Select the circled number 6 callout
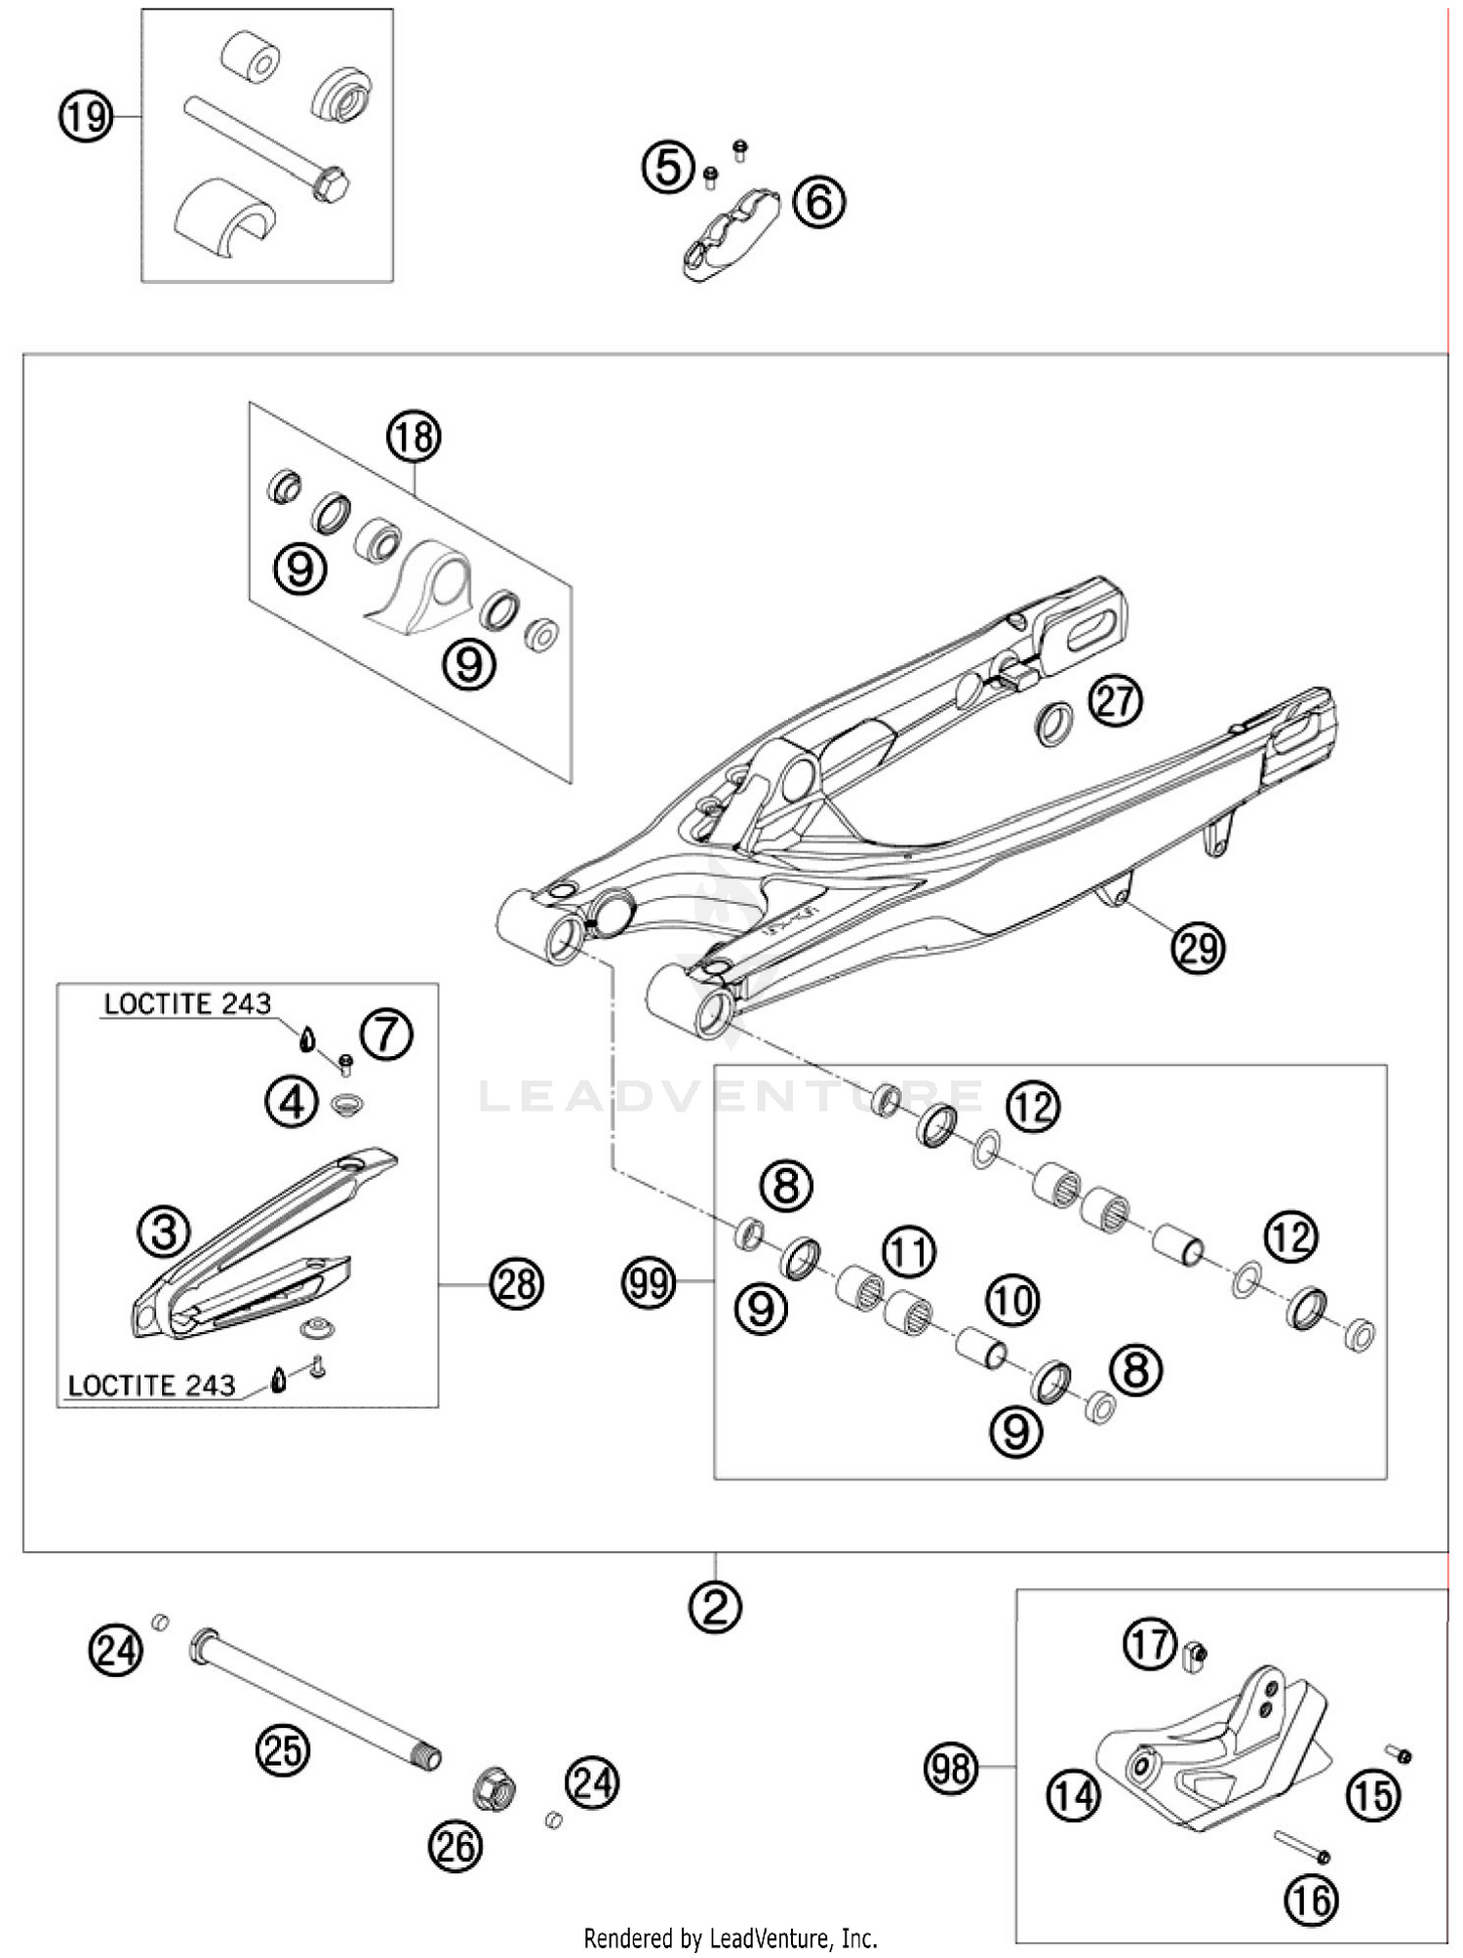(818, 203)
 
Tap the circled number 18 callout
(415, 438)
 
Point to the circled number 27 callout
(1116, 701)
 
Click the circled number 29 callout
(1198, 947)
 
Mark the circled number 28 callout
(516, 1284)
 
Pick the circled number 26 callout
(455, 1846)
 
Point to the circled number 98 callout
(951, 1767)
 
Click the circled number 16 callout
(1312, 1899)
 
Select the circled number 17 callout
(1150, 1644)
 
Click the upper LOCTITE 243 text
(187, 1004)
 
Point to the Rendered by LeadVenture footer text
(731, 1937)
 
